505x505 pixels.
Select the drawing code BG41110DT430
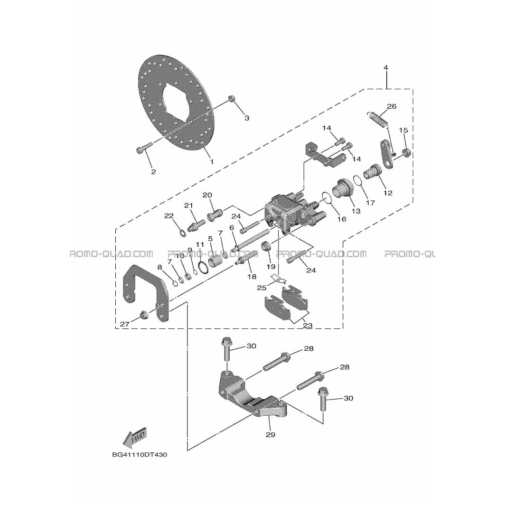click(140, 455)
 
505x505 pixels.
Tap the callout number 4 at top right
click(386, 67)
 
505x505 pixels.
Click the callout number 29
click(271, 434)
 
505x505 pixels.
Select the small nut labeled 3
click(231, 98)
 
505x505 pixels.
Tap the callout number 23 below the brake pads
click(308, 325)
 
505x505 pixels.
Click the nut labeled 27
click(143, 314)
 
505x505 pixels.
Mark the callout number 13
click(356, 211)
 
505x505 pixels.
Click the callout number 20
click(207, 195)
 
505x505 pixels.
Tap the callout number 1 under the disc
click(212, 161)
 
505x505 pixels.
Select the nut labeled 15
click(406, 152)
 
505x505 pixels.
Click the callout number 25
click(262, 287)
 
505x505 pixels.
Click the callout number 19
click(271, 266)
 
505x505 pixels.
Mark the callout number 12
click(388, 193)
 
